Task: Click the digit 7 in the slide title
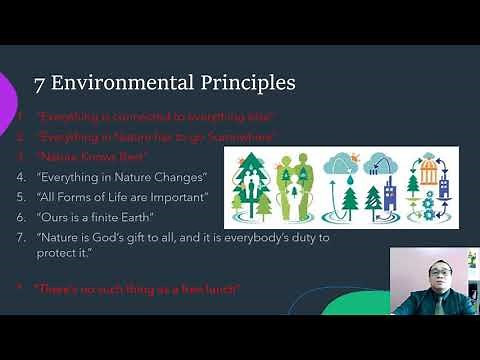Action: (x=40, y=83)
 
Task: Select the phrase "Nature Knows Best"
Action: (x=93, y=157)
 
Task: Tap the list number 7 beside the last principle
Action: (x=20, y=237)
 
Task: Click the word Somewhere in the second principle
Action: (x=238, y=136)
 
